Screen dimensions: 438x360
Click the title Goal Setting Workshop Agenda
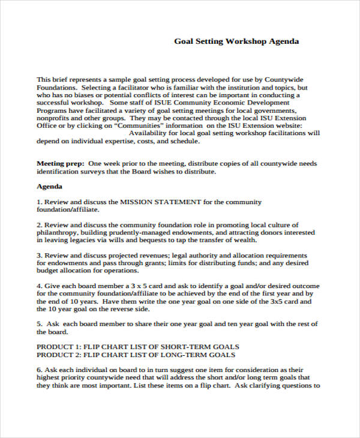236,41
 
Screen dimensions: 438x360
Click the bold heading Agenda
50,187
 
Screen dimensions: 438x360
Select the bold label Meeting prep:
60,163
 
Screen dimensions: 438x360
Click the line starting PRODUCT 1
138,347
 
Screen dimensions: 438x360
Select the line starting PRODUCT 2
137,355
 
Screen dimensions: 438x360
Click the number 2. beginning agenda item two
40,224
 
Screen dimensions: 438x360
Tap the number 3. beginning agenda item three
40,254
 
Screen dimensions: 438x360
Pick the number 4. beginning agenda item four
40,286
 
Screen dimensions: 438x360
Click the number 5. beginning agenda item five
40,324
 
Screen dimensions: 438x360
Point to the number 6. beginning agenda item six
40,370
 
